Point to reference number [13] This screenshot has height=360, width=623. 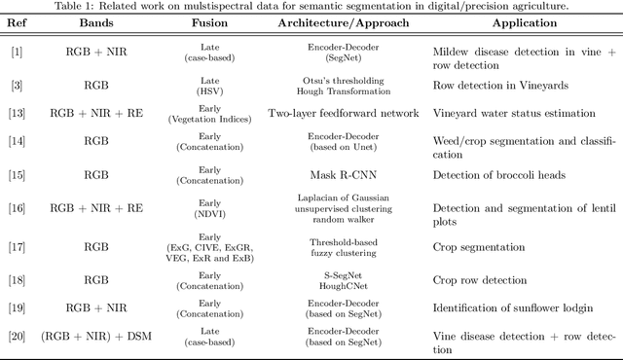click(18, 113)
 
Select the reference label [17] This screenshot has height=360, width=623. click(18, 251)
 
